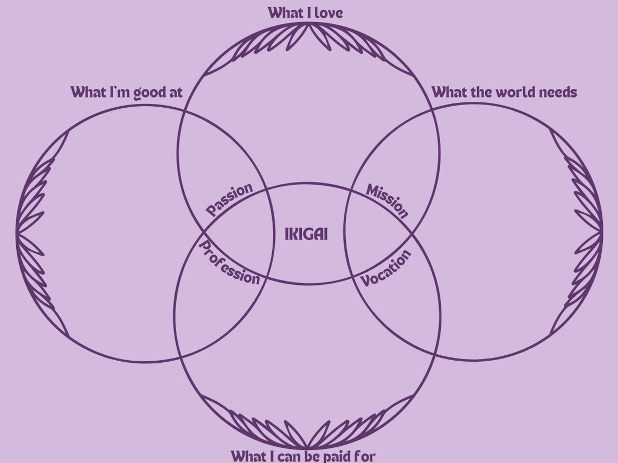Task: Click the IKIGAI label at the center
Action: tap(306, 234)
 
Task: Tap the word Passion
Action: tap(230, 199)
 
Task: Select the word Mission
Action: tap(387, 200)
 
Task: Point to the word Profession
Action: tap(230, 263)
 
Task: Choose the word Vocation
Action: tap(386, 268)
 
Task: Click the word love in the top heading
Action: tap(329, 12)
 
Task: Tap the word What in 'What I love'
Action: tap(286, 12)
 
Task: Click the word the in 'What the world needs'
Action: tap(480, 92)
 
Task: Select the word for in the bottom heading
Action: tap(364, 455)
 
